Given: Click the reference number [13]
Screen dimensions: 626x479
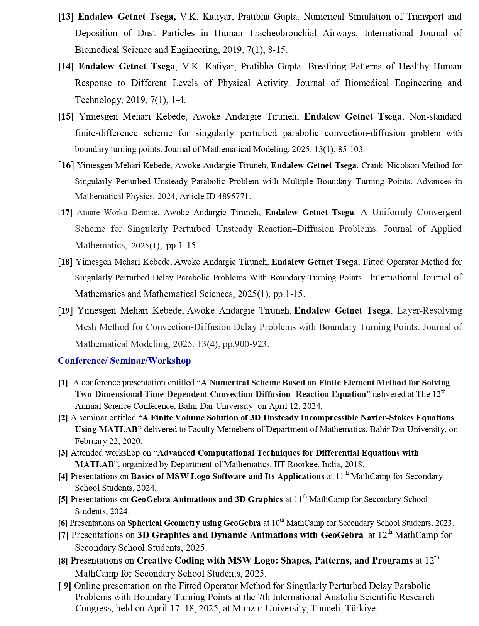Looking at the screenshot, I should coord(66,17).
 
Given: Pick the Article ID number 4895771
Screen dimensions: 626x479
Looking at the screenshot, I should coord(233,196).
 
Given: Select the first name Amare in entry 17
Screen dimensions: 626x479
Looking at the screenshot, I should coord(88,213).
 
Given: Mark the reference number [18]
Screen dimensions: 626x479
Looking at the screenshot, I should coord(65,262).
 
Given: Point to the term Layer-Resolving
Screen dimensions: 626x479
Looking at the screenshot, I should coord(429,310).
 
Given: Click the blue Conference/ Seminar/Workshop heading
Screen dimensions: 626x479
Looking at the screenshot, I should coord(124,361).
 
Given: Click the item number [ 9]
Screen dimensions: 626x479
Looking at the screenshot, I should coord(64,586).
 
